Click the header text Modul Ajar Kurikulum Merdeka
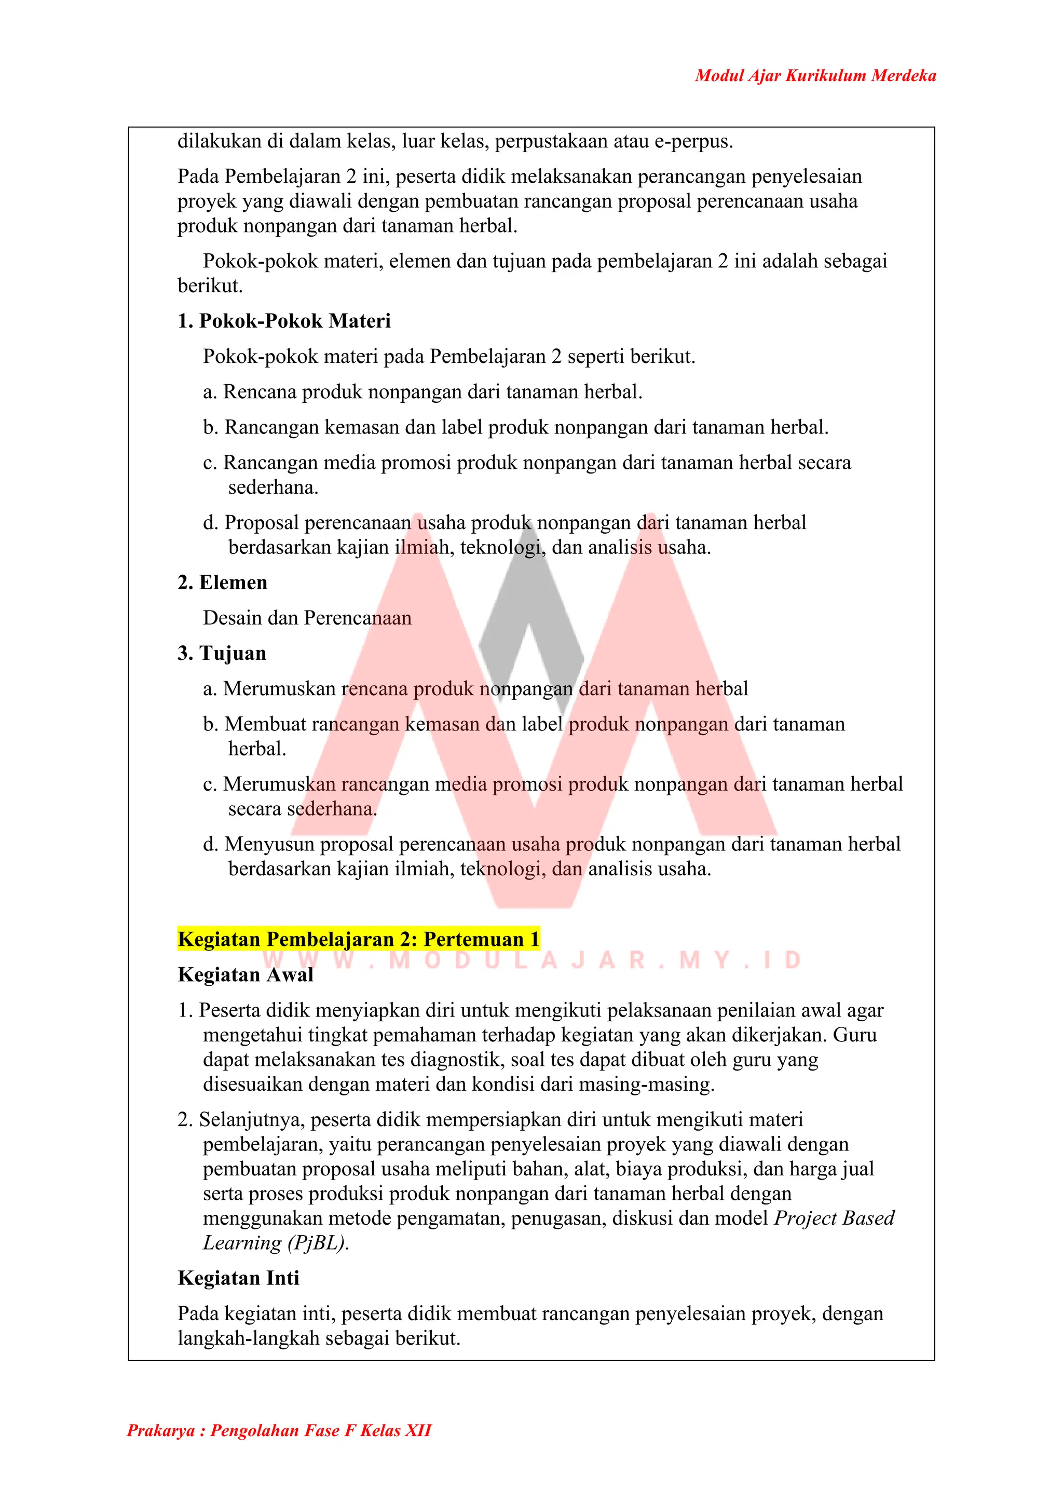(815, 76)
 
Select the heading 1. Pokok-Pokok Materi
(284, 321)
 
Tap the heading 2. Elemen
(223, 582)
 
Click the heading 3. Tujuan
(222, 653)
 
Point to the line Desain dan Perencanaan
(307, 618)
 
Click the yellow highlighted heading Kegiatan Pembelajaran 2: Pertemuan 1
(358, 939)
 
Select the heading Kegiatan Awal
(246, 974)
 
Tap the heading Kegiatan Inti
(238, 1278)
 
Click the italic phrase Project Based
(834, 1218)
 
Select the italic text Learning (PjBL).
(276, 1243)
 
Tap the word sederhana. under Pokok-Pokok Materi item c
(273, 487)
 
